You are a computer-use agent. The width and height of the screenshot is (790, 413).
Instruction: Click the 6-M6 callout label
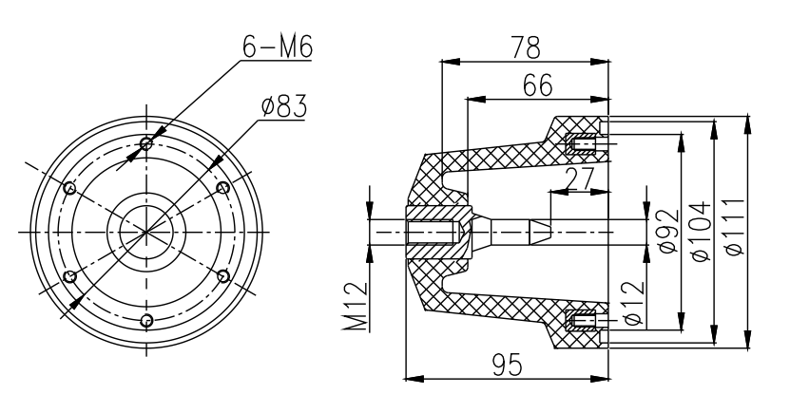tap(278, 47)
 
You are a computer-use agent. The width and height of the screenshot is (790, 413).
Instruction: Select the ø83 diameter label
tap(284, 106)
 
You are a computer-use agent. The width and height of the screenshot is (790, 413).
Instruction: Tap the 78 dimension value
tap(526, 47)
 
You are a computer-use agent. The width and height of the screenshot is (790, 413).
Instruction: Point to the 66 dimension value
tap(537, 85)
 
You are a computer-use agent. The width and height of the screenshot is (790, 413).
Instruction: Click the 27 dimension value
tap(580, 179)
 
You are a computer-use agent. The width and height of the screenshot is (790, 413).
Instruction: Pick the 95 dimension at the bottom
tap(508, 365)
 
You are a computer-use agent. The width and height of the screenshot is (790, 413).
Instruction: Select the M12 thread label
tap(356, 307)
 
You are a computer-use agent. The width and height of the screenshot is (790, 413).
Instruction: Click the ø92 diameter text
tap(668, 231)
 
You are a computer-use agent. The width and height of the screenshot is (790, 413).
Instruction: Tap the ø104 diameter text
tap(701, 232)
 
